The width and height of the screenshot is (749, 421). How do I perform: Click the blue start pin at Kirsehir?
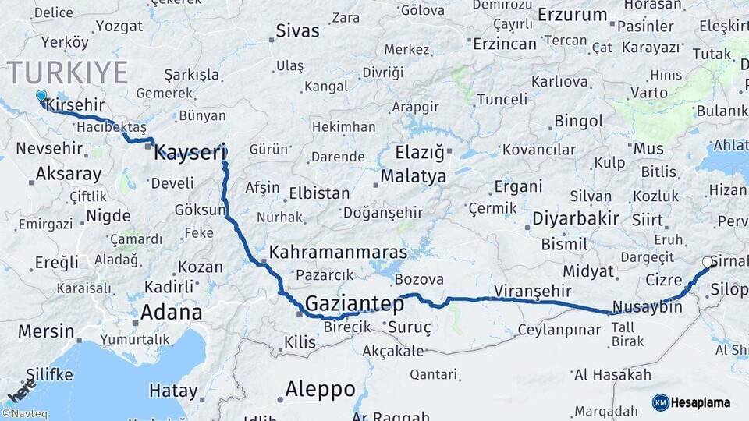coord(41,97)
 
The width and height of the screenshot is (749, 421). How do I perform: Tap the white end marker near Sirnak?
coord(708,263)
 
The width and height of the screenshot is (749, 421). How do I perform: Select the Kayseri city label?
coord(190,152)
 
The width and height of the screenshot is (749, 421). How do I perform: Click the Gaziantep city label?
coord(354,302)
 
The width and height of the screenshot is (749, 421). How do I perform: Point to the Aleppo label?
coord(320,388)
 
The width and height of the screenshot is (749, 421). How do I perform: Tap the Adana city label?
coord(171,313)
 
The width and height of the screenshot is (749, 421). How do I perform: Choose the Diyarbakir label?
coord(576,218)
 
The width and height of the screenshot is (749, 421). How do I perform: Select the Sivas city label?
coord(298,31)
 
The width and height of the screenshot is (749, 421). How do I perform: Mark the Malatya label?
coord(414,176)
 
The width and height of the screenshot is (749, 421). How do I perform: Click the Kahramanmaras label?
coord(339,253)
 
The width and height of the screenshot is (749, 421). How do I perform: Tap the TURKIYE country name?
coord(68,73)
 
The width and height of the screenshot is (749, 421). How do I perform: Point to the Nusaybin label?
coord(647,306)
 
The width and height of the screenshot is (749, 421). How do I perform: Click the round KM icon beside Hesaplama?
coord(660,402)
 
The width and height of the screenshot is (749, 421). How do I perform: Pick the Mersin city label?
coord(45,331)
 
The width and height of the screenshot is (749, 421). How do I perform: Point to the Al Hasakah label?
coord(612,375)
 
